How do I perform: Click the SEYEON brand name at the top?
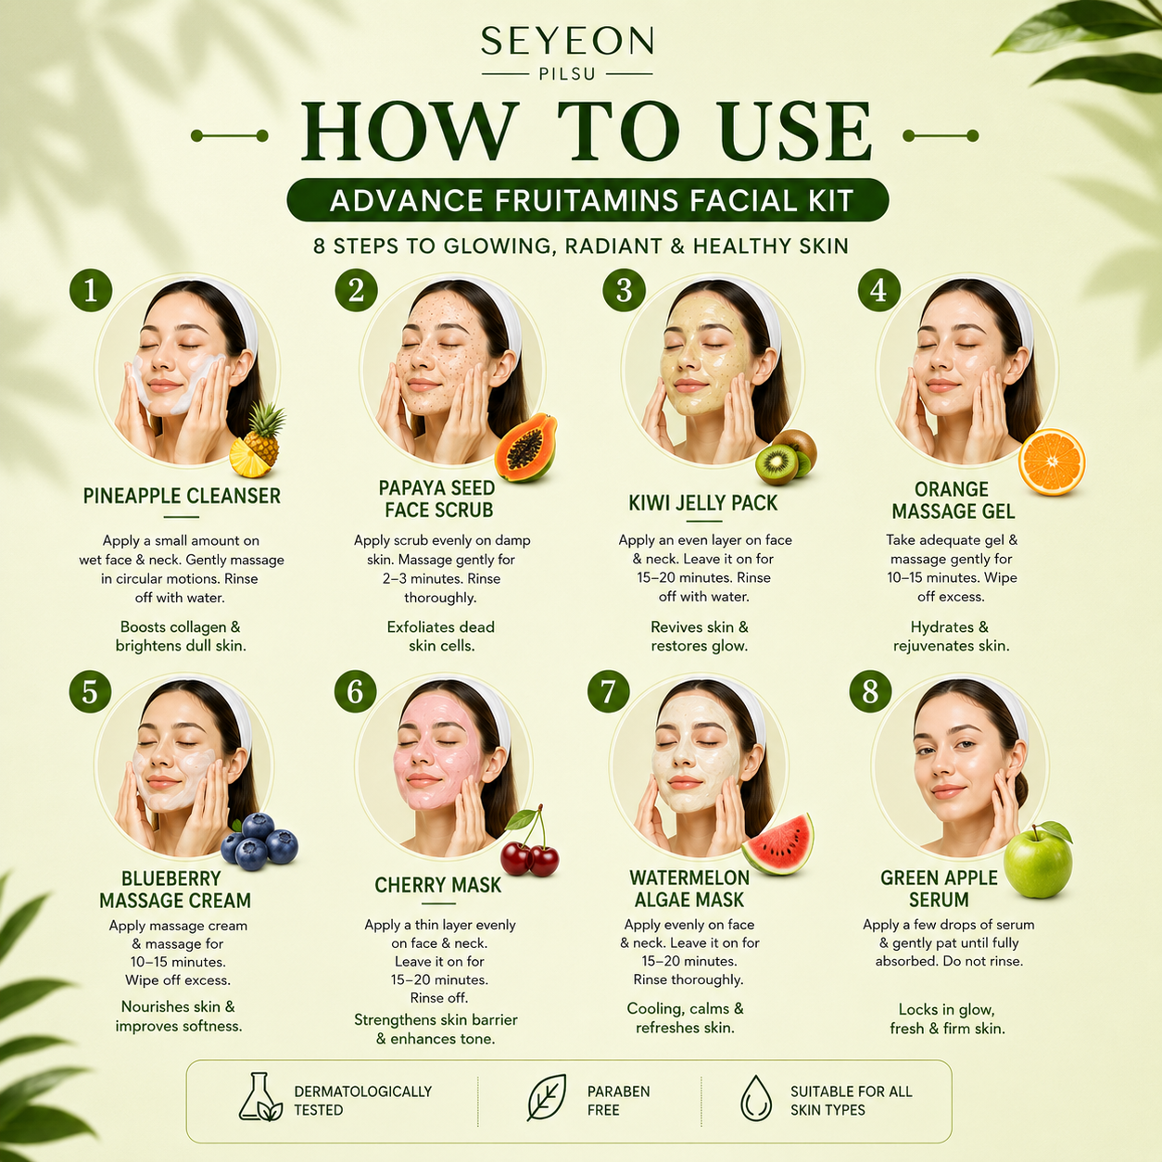pos(567,42)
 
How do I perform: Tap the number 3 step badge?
pos(625,290)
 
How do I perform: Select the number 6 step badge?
pos(355,691)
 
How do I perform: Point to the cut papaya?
pos(525,448)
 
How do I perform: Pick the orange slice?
pos(1052,461)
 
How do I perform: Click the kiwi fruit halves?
pos(786,458)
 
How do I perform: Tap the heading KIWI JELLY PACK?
pos(703,503)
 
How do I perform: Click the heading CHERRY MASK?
pos(437,885)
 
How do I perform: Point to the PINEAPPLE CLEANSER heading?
pos(182,496)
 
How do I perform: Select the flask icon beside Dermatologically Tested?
pos(259,1097)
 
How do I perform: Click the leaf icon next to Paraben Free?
pos(547,1097)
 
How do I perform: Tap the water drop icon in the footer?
pos(756,1097)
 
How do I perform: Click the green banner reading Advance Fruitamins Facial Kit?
pos(587,200)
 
